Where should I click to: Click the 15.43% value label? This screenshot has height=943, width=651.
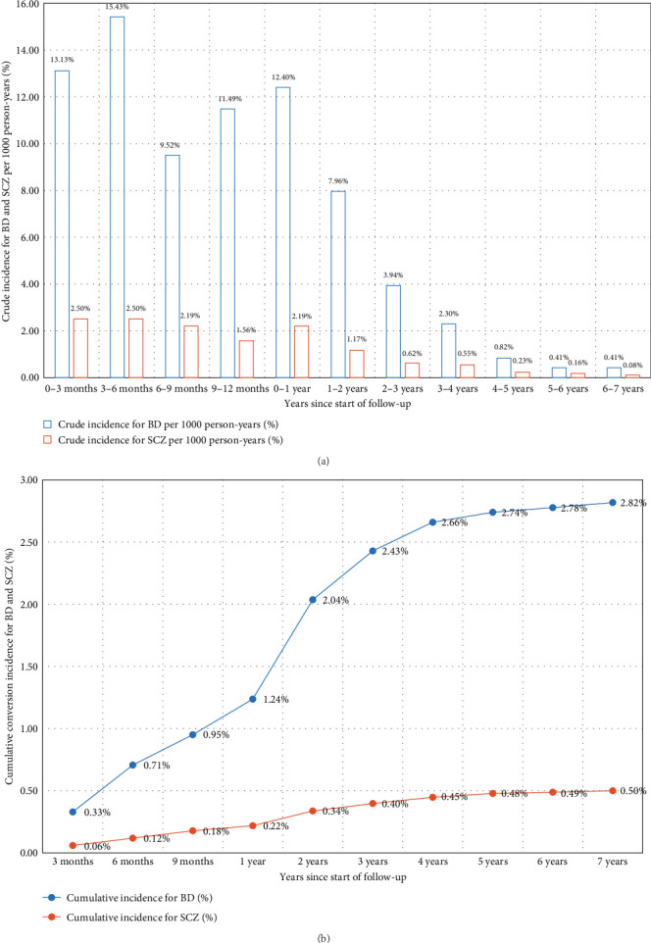pos(117,9)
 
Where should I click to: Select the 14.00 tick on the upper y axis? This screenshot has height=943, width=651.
pos(27,51)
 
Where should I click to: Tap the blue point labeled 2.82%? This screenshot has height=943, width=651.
pos(613,502)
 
